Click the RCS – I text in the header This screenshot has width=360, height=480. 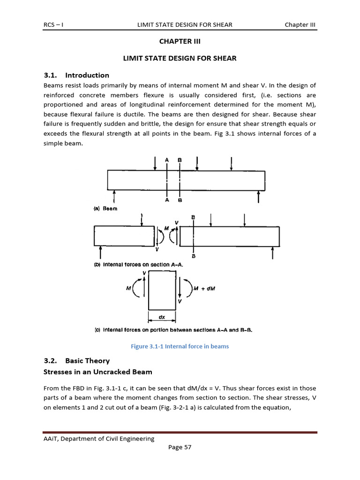[x=53, y=24]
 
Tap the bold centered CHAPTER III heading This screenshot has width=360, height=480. [x=180, y=41]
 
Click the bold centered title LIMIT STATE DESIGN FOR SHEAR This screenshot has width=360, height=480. [x=180, y=58]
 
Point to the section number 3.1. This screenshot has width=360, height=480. [x=50, y=75]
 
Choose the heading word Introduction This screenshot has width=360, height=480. [x=87, y=75]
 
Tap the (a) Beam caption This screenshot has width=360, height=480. [x=106, y=209]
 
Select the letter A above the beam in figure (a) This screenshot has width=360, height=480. [x=166, y=160]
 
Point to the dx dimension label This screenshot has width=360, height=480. [x=162, y=317]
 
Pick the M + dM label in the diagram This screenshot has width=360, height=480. [x=204, y=289]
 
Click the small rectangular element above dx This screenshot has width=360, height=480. [x=162, y=291]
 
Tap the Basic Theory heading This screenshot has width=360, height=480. [x=87, y=360]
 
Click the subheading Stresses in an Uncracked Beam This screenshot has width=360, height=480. [x=97, y=372]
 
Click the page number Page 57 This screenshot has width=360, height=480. [x=180, y=447]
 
